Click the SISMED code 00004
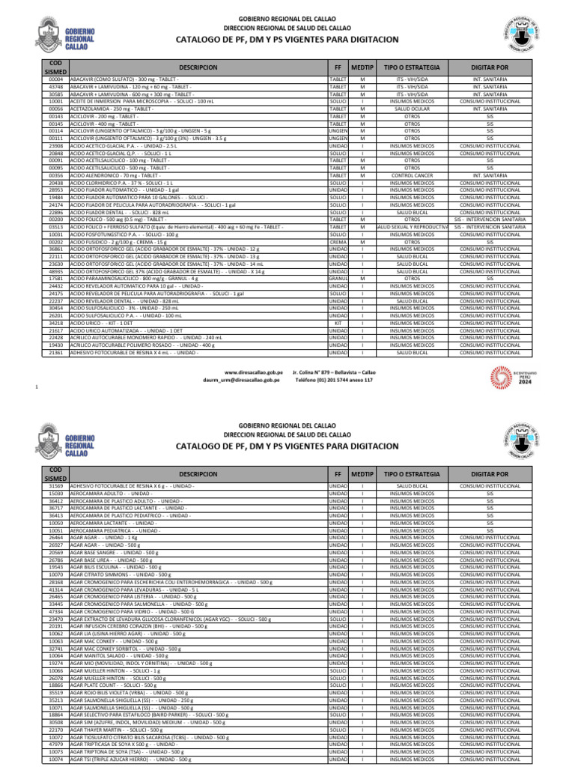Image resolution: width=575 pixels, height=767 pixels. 55,79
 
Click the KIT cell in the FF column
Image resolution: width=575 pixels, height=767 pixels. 338,323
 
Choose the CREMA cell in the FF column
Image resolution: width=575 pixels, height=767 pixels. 338,242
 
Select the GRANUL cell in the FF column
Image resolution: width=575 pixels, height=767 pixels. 338,279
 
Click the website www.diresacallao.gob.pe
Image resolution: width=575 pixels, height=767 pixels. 254,372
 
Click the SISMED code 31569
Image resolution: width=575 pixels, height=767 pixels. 55,486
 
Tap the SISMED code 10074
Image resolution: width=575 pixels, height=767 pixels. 55,759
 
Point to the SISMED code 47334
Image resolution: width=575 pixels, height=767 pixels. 55,611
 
